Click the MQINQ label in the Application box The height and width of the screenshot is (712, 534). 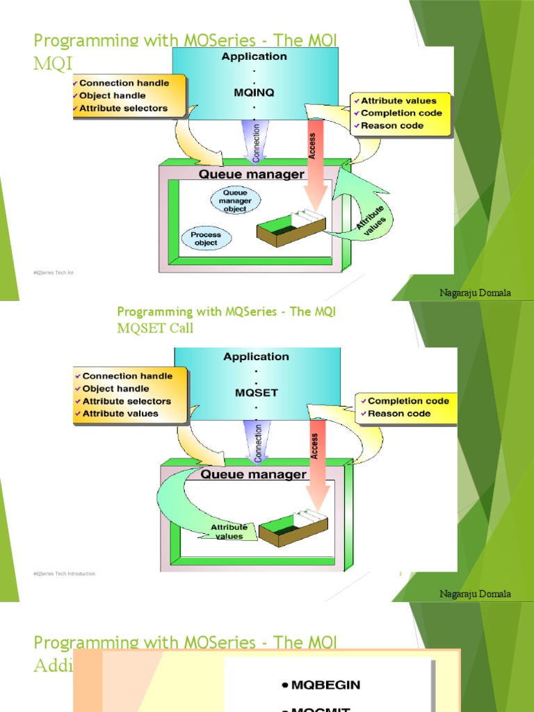[255, 90]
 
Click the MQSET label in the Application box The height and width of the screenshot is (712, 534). [256, 392]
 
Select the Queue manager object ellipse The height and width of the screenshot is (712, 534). [235, 200]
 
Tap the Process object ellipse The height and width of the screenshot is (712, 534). [206, 238]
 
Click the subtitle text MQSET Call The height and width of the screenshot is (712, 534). [155, 328]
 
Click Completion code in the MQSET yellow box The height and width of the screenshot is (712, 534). [408, 401]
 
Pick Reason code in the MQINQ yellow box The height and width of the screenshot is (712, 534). [392, 126]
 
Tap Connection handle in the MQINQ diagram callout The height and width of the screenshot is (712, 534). [124, 83]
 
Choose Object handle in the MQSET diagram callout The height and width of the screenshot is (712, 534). [114, 389]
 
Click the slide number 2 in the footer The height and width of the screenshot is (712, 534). [400, 574]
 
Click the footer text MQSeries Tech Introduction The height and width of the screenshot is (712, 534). [65, 574]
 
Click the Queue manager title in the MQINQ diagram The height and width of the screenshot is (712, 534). [252, 175]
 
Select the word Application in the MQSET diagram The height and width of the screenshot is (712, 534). [256, 357]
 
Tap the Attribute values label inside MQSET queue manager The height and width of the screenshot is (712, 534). [229, 532]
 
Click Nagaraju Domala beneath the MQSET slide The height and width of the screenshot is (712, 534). [475, 594]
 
